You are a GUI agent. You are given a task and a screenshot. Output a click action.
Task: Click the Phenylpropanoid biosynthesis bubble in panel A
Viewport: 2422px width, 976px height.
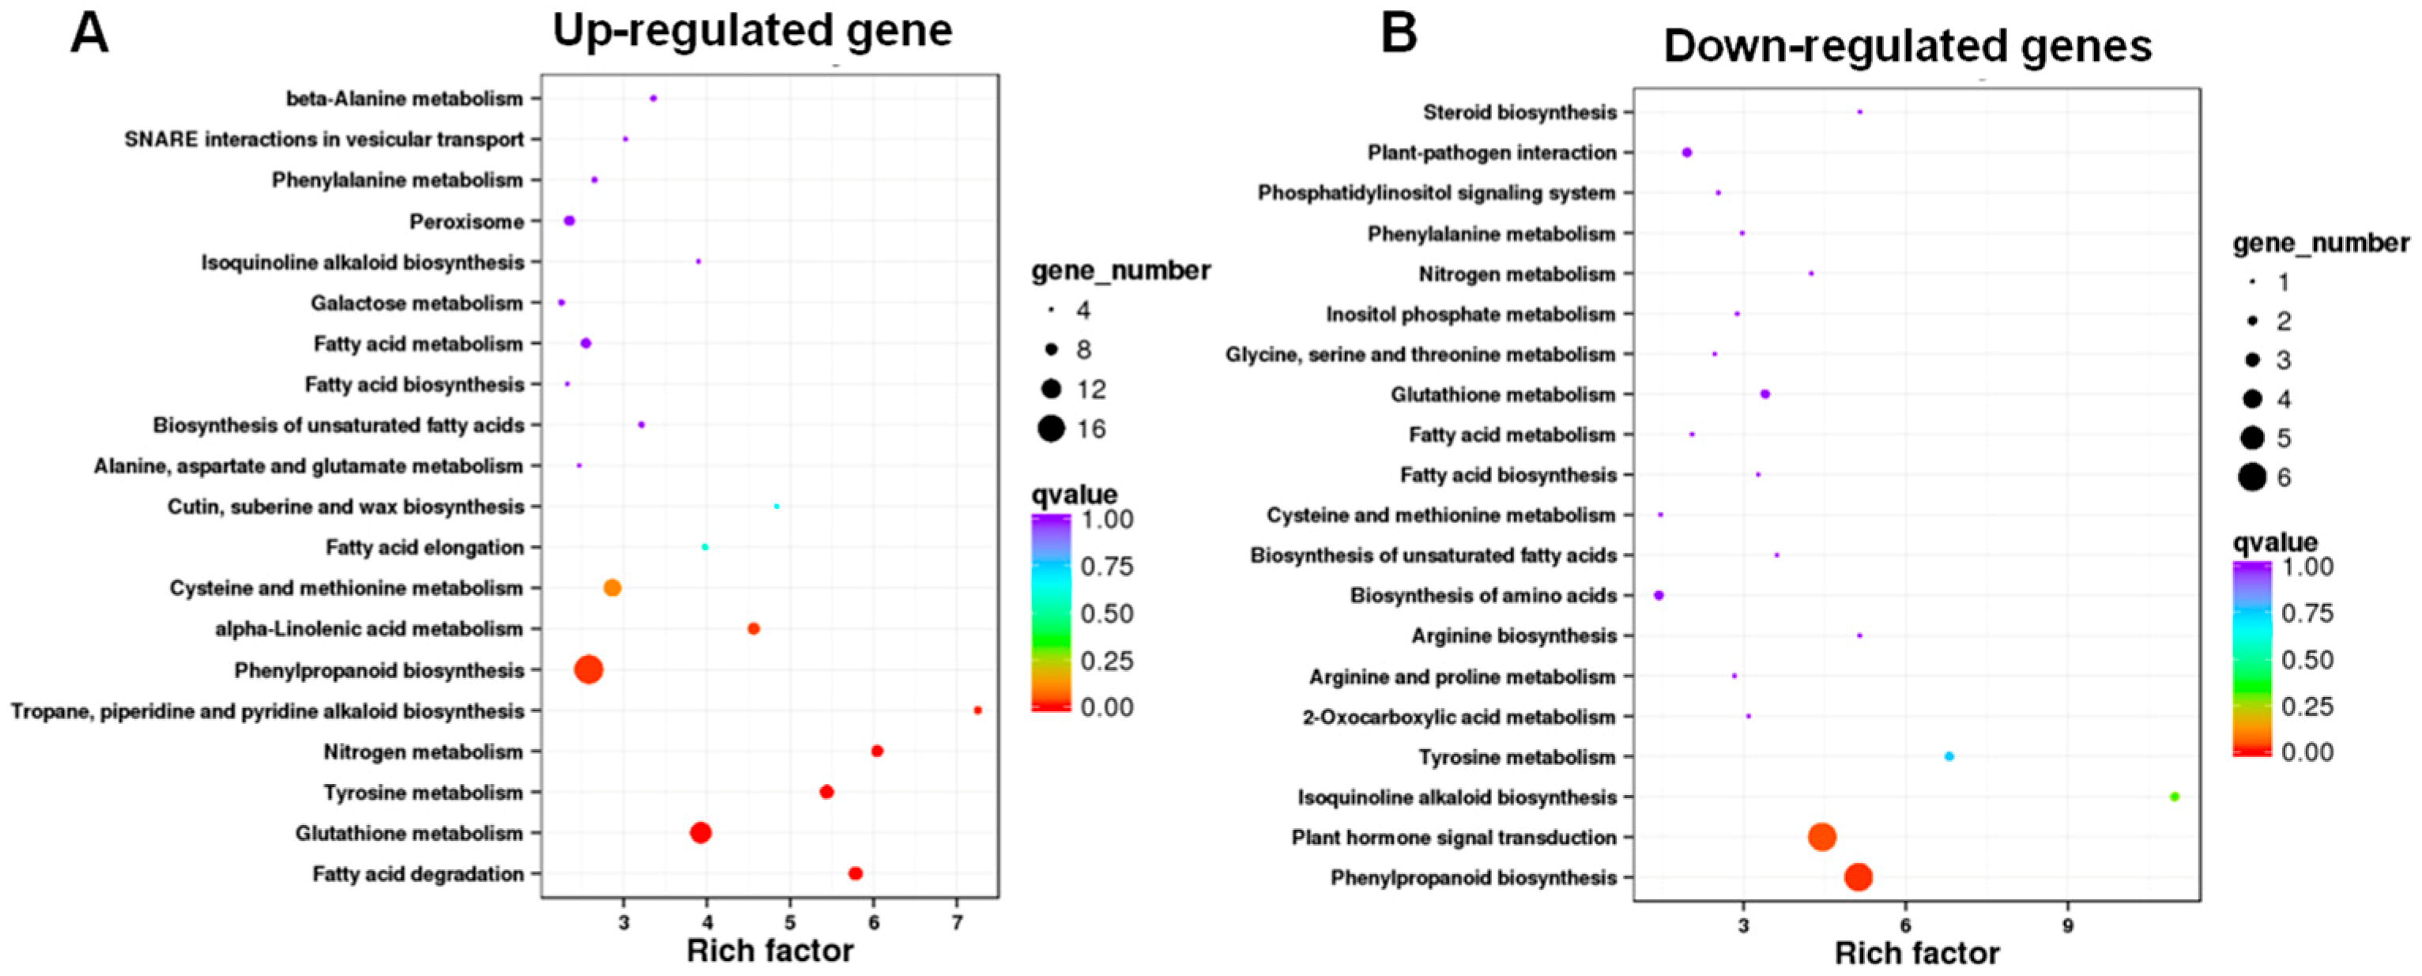pos(589,669)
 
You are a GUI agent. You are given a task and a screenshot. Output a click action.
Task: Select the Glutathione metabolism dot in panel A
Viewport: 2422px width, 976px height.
pos(700,832)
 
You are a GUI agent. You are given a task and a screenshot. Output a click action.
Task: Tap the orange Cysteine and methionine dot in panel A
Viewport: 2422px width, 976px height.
pos(612,588)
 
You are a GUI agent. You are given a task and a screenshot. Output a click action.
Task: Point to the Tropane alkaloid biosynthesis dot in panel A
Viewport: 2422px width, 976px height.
pos(977,710)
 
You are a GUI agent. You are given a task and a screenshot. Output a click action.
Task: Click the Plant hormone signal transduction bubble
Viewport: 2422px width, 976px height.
pos(1822,837)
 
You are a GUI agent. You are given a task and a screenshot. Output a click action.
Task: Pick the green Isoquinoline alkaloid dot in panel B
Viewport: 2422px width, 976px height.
pos(2174,797)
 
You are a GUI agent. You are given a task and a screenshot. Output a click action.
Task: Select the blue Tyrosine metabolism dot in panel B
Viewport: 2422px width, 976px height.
pos(1949,756)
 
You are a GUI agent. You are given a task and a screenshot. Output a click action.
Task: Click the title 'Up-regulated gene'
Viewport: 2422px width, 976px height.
pos(752,30)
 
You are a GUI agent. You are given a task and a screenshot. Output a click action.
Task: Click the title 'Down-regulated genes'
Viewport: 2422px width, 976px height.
pos(1908,45)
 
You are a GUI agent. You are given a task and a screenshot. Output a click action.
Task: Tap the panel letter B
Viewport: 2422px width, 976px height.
pos(1398,34)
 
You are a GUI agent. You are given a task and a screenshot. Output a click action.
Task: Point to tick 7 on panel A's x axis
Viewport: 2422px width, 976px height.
pos(957,923)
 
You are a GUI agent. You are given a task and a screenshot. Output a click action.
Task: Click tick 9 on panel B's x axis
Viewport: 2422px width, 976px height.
pos(2067,926)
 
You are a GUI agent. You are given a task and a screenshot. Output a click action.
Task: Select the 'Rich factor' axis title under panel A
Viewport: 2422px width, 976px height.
pos(770,951)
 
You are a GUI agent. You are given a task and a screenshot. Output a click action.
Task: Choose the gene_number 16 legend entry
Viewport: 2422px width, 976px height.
pos(1051,430)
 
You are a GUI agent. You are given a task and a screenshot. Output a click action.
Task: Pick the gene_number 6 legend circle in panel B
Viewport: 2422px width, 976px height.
pos(2252,477)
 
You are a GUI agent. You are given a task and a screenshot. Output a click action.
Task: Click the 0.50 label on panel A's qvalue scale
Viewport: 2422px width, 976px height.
pos(1106,613)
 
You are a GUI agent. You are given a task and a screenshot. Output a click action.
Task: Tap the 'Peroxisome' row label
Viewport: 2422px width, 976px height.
pos(466,222)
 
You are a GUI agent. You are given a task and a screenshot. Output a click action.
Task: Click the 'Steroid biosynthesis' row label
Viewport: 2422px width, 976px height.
pos(1520,113)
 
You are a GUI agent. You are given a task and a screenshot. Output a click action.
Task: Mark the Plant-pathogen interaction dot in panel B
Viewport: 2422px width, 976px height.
pos(1687,153)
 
